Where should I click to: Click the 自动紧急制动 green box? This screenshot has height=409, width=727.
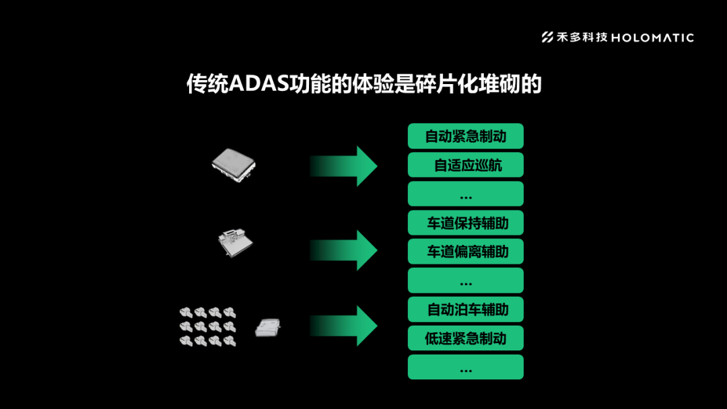click(465, 137)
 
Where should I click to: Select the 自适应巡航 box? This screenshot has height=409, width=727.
click(465, 165)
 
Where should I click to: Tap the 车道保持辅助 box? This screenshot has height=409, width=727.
click(465, 223)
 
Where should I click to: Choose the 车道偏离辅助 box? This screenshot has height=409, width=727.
click(465, 252)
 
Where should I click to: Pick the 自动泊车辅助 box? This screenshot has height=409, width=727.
click(465, 309)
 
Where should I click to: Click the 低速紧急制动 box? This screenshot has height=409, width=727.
click(465, 338)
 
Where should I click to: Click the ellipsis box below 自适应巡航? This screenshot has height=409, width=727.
click(465, 194)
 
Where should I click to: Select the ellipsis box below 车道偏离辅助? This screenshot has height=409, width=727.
click(465, 281)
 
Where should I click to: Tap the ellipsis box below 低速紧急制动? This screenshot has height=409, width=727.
click(465, 367)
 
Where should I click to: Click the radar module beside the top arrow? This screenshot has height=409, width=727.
click(234, 164)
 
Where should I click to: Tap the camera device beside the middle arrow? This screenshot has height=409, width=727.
click(235, 243)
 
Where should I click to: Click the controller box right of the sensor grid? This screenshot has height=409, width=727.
click(268, 328)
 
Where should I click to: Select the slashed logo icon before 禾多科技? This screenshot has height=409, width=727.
click(549, 38)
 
